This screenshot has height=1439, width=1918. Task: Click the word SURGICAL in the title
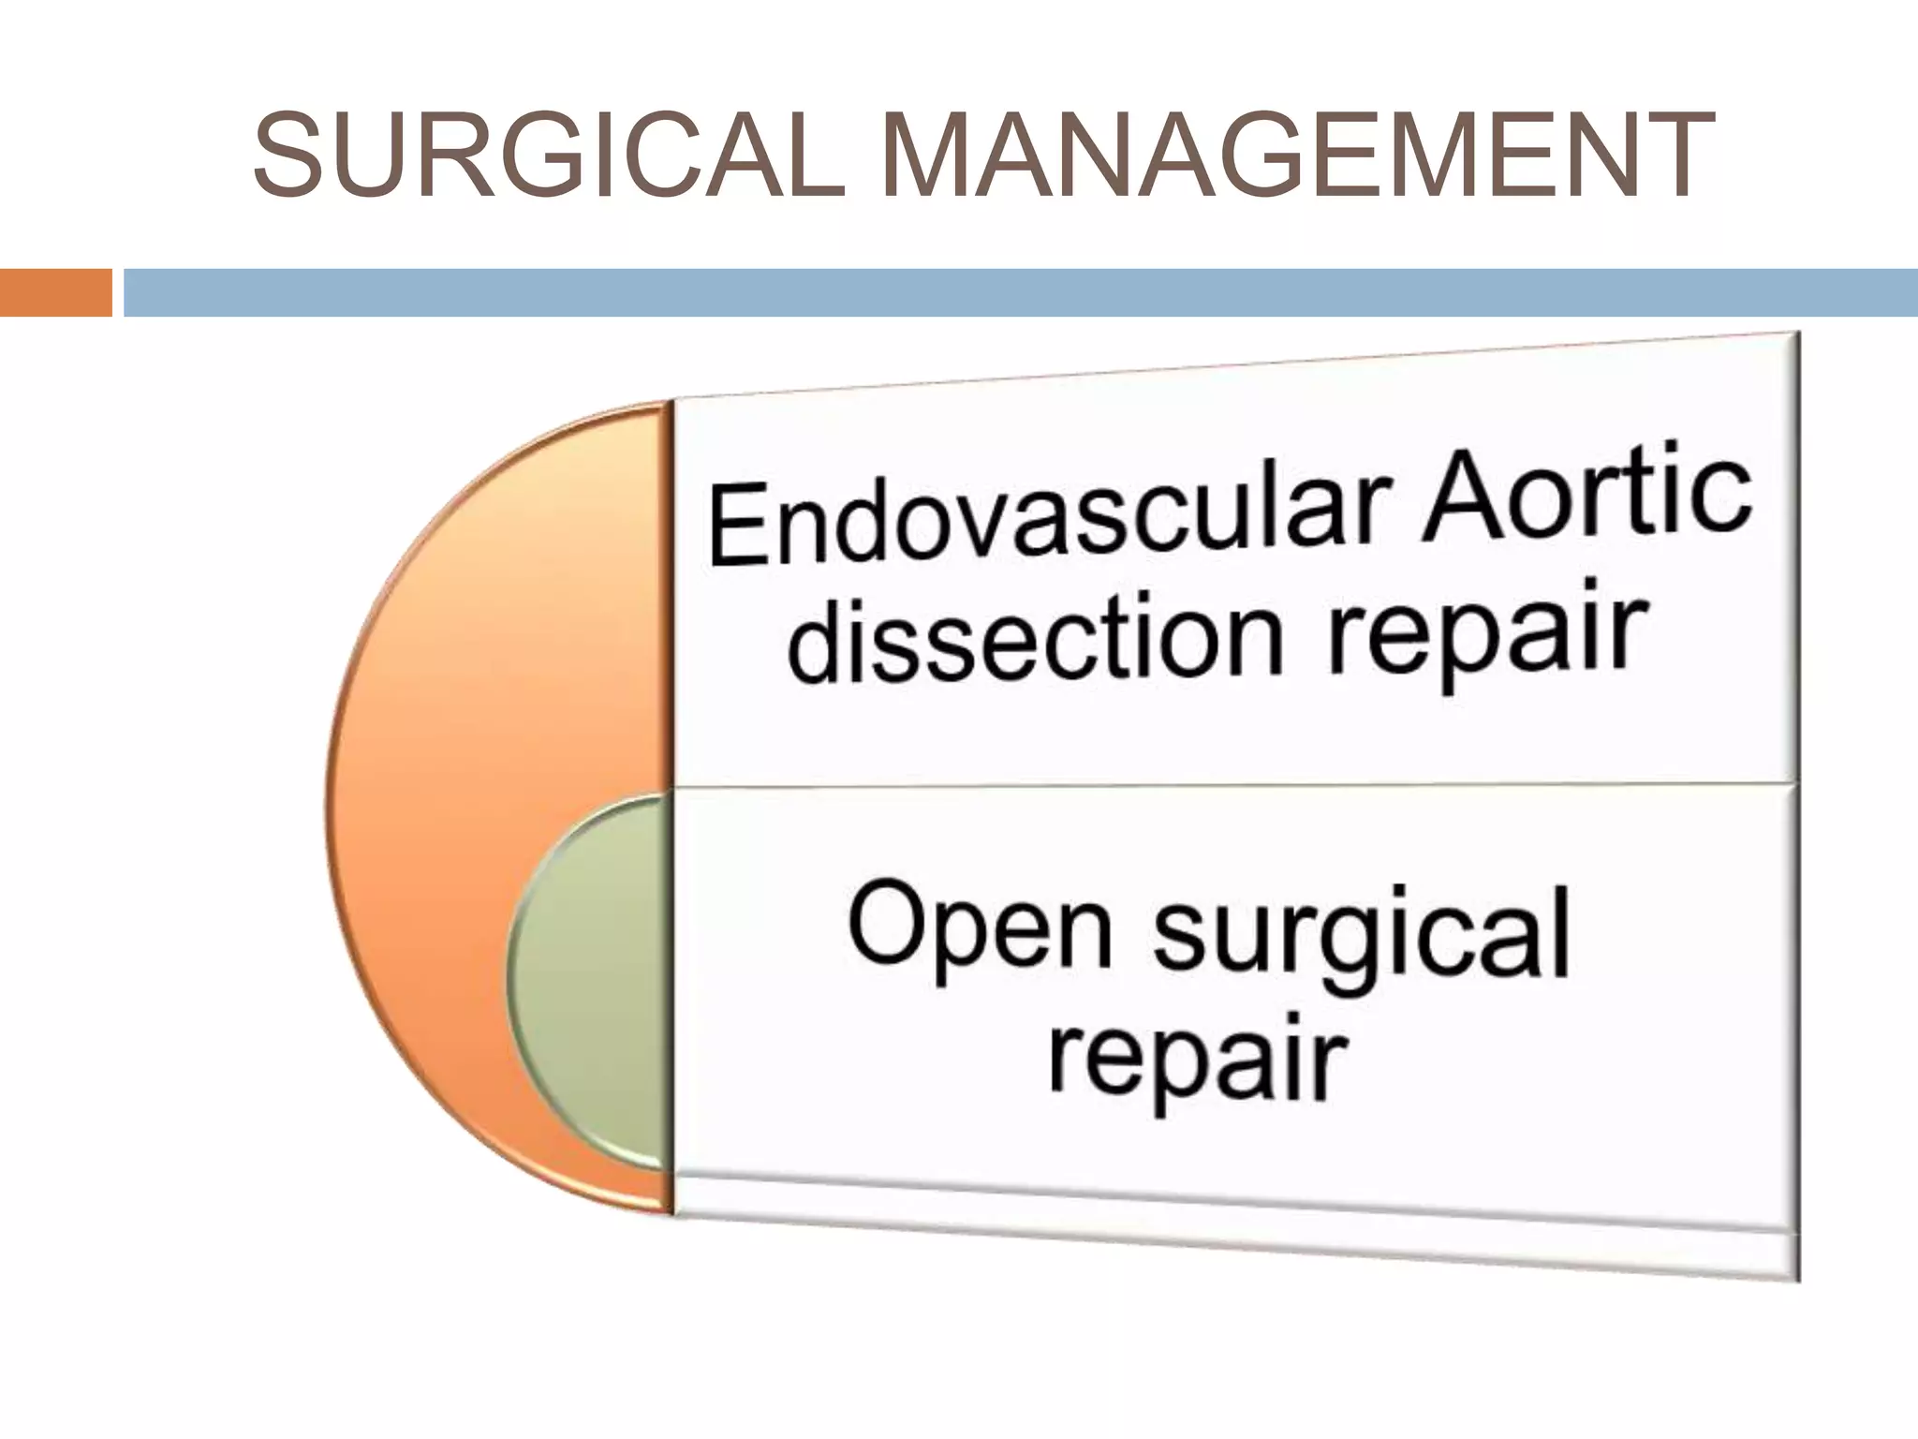click(549, 155)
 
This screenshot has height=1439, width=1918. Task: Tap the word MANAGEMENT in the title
click(1298, 155)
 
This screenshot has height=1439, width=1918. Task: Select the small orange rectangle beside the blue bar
click(55, 292)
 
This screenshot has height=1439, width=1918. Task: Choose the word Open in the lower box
click(979, 927)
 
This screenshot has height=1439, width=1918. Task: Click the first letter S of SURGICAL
click(287, 155)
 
